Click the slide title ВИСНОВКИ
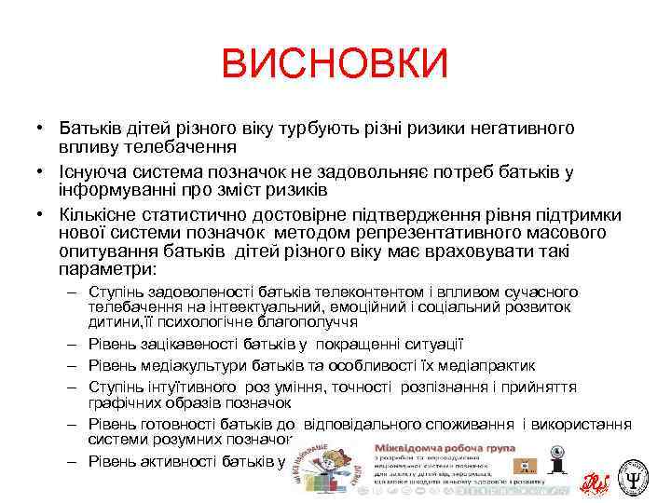point(335,65)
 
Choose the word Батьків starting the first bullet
point(90,127)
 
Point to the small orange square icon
point(552,463)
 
